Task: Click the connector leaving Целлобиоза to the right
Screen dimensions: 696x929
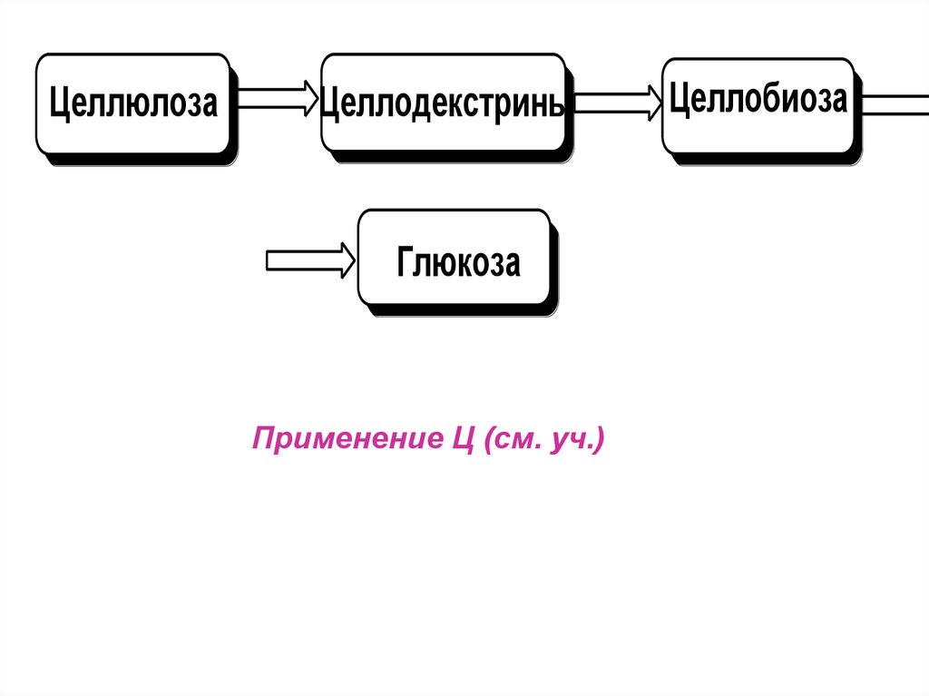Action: click(894, 103)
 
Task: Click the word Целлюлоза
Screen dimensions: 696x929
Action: click(133, 103)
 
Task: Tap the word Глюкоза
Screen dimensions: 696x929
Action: click(458, 263)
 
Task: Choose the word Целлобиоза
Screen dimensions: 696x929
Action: click(758, 99)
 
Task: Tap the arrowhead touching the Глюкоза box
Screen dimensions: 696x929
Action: click(348, 261)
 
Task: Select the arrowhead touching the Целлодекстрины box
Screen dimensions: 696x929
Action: click(311, 98)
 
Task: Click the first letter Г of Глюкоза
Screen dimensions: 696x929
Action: click(405, 263)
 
